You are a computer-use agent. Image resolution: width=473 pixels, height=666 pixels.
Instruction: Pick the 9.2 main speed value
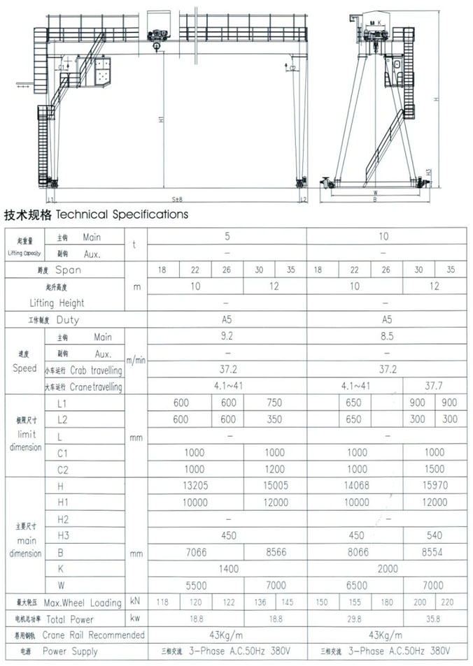tap(227, 336)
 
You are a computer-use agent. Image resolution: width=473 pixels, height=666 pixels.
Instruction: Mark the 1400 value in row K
tap(227, 569)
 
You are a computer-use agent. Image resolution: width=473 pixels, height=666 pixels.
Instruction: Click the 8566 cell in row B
tap(275, 552)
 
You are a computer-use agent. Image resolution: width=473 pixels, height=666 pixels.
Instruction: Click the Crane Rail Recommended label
tap(94, 635)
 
